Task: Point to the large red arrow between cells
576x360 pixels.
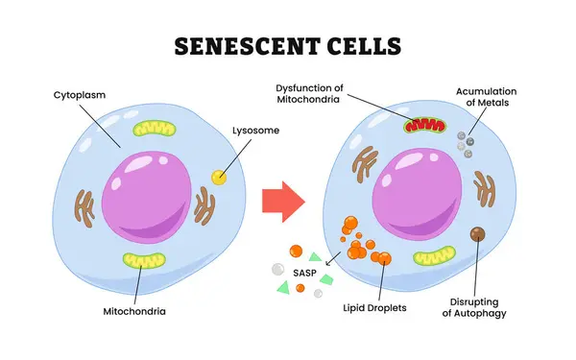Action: [282, 201]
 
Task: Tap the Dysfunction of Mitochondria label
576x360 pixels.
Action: [316, 92]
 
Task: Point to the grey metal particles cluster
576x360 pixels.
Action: [466, 144]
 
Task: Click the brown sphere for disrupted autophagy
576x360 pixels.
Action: [477, 235]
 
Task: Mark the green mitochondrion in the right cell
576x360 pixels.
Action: [436, 256]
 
